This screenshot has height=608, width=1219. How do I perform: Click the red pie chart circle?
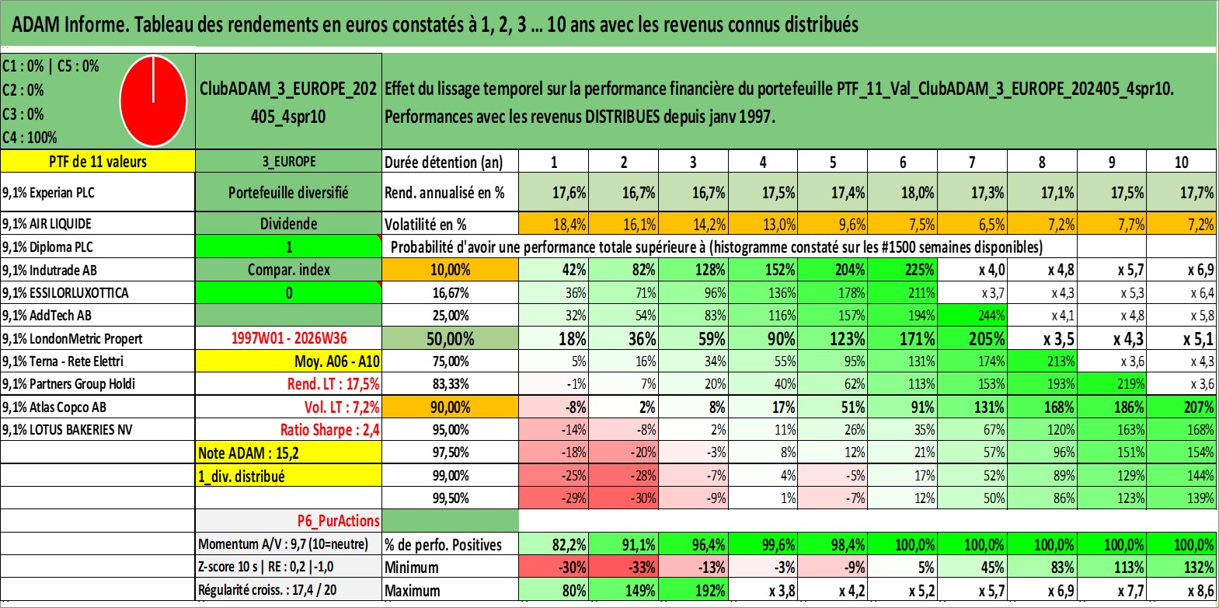(x=153, y=101)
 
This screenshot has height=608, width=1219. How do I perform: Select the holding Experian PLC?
(x=62, y=192)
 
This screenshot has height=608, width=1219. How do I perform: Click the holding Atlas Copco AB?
(x=68, y=407)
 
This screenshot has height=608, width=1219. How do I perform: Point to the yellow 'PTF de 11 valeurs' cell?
(x=98, y=161)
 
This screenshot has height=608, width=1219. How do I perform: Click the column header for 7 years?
(x=972, y=162)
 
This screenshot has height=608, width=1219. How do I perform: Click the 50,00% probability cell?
(x=450, y=338)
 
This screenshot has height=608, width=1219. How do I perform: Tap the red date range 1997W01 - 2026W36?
(x=289, y=338)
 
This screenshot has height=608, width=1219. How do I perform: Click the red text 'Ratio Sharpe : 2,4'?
(x=329, y=430)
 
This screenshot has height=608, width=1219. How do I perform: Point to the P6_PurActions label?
(x=338, y=521)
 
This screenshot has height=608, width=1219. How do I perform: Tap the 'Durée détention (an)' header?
(x=444, y=162)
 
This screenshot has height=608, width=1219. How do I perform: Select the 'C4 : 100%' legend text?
(x=30, y=138)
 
